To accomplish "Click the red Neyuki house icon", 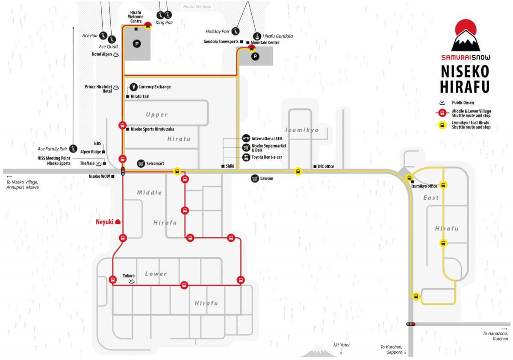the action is coord(118,221).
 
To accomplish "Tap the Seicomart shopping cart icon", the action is coord(141,163).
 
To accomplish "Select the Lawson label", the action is coord(267,178).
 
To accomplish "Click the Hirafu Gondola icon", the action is coord(257,36).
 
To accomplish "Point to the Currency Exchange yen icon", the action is coord(133,87).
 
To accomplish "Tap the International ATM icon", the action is coord(246,139).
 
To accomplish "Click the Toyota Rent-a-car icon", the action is coord(246,157).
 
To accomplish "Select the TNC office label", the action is coord(325,166).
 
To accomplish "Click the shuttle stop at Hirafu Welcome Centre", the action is coord(148,25).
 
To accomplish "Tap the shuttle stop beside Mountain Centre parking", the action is coord(251,48).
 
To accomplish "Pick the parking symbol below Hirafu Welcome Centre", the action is coord(137,44).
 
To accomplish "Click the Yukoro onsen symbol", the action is coord(132,281).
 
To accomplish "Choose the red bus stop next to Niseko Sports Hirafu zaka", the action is coord(123,126).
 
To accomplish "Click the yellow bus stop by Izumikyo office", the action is coord(409,178).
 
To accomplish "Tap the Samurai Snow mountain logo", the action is coord(466,35).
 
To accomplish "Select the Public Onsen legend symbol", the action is coord(442,103).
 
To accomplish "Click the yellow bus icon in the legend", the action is coord(442,125).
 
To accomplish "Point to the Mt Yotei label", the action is coord(341,345).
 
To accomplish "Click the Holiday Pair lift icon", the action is coord(236,31).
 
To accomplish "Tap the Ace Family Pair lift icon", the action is coord(73,149).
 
